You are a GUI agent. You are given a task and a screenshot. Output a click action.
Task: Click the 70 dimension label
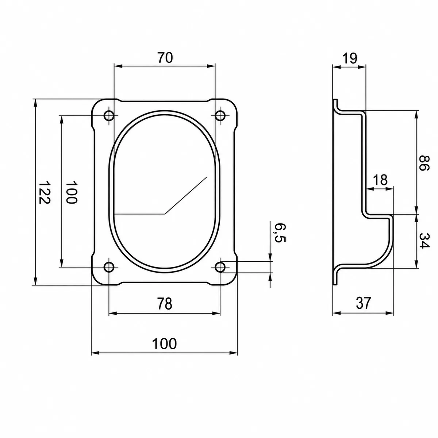[x=165, y=58]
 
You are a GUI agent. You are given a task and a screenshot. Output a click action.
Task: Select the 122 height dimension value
[x=44, y=192]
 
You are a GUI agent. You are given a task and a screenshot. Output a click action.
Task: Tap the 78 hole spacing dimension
[x=165, y=303]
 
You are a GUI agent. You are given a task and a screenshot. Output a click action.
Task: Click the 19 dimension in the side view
[x=350, y=58]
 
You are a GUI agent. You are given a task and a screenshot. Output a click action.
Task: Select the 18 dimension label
[x=380, y=180]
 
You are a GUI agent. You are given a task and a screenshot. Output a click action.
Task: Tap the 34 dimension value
[x=424, y=241]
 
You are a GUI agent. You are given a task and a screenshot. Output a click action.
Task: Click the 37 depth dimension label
[x=363, y=303]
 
